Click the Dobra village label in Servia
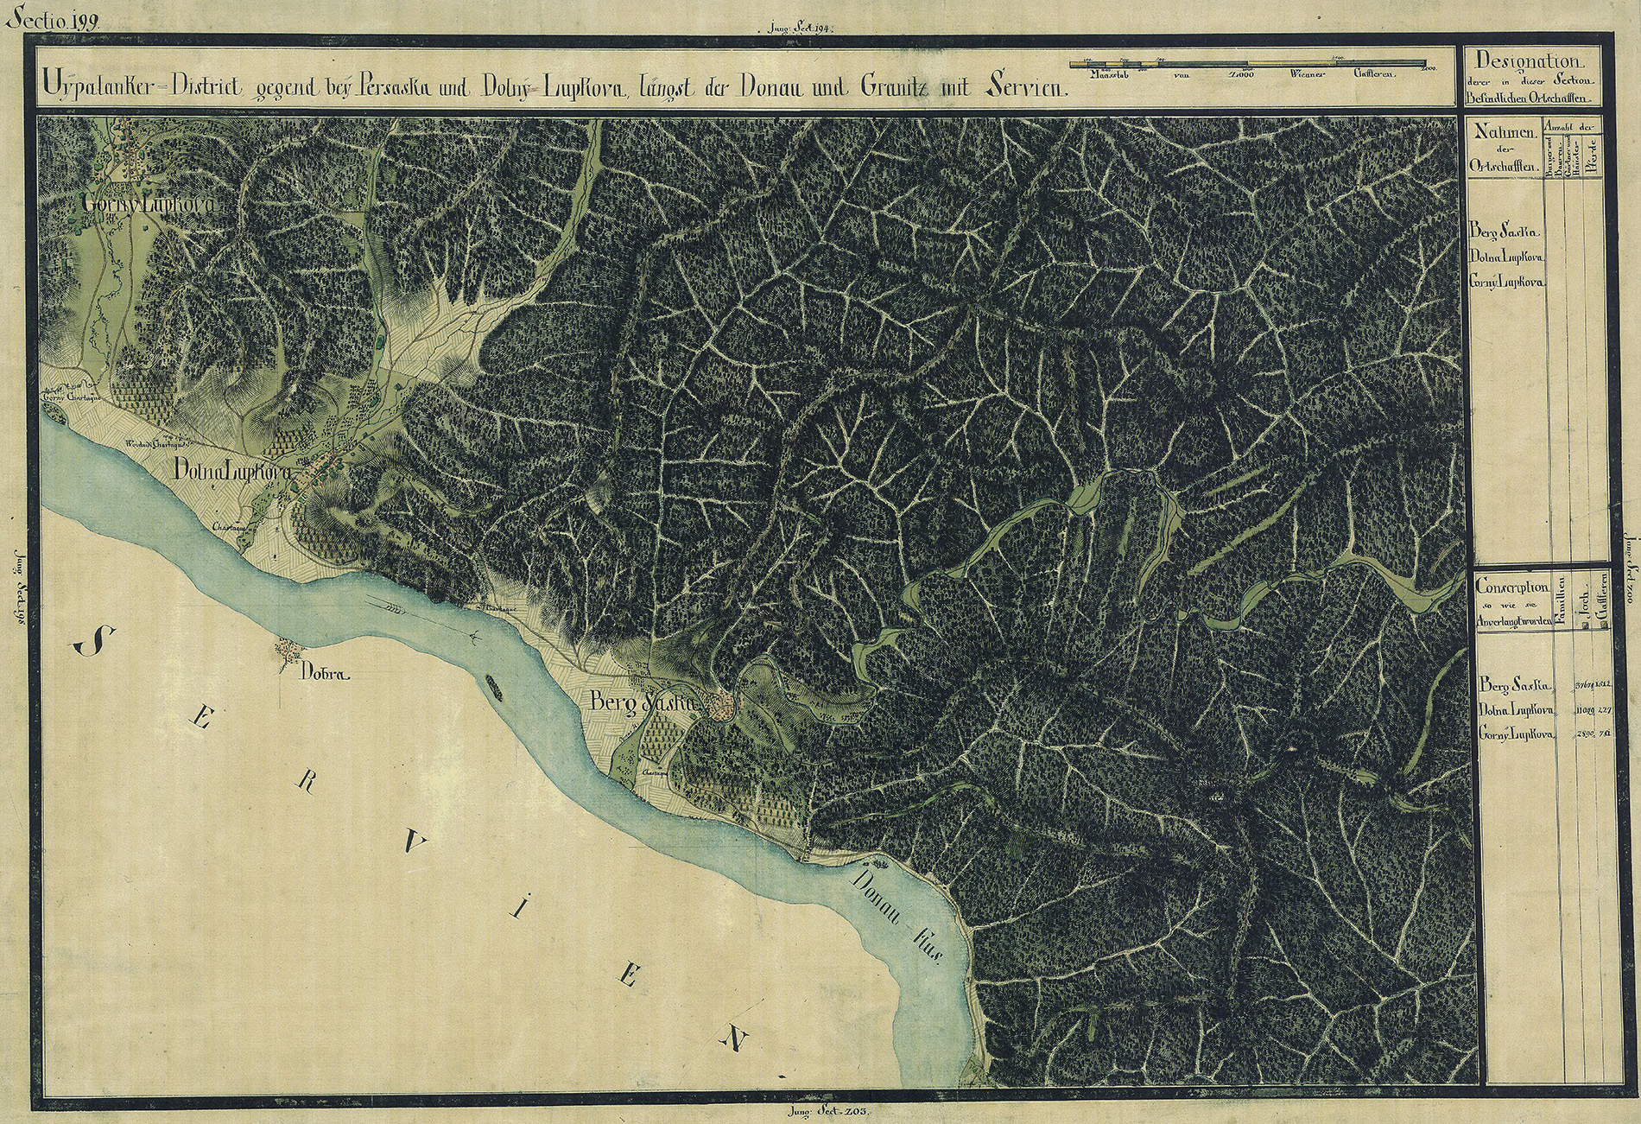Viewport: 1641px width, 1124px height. (325, 674)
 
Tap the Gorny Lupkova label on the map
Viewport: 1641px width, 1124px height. (147, 206)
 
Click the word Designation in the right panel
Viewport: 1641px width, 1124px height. (1529, 61)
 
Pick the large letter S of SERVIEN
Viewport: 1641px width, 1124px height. (94, 641)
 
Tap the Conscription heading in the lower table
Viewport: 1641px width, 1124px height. (1511, 587)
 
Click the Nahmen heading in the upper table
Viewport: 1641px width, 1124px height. (1504, 132)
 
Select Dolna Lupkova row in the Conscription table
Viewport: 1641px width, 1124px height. (1517, 710)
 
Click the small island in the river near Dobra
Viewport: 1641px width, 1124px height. (495, 686)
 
